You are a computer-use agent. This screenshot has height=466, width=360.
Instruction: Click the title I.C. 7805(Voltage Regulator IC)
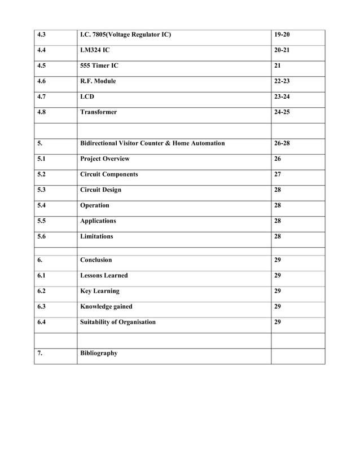125,35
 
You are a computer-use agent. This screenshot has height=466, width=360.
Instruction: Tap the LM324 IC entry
95,50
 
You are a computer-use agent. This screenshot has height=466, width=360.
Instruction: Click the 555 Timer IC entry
99,65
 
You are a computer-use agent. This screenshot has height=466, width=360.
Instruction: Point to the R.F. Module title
98,81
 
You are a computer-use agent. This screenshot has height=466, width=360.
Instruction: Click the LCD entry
87,96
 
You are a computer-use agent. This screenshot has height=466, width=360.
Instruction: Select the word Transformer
99,112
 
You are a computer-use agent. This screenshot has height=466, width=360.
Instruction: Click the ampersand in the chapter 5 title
168,143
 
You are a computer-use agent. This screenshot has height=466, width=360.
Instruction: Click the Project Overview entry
105,159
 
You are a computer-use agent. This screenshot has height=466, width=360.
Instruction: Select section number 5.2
41,174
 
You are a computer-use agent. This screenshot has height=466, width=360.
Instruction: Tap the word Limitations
96,236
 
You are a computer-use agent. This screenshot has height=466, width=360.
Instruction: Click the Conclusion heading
96,260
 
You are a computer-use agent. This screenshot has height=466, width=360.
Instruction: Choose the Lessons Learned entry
104,276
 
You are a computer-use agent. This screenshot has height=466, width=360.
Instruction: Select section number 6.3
41,307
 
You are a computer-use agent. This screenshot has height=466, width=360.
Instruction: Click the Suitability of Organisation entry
118,322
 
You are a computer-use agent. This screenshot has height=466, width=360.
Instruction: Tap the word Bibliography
99,353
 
